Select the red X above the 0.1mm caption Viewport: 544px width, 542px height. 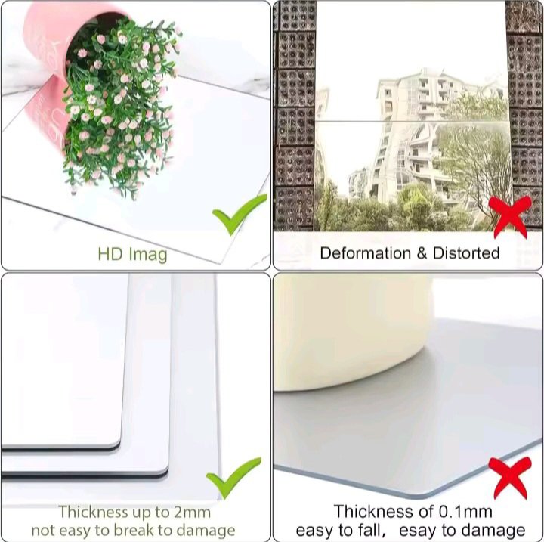pyautogui.click(x=510, y=478)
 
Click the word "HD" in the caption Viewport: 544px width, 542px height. pyautogui.click(x=110, y=254)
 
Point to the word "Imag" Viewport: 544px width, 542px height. pyautogui.click(x=148, y=256)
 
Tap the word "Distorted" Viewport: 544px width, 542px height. pyautogui.click(x=466, y=253)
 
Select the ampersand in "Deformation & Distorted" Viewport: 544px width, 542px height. pyautogui.click(x=422, y=253)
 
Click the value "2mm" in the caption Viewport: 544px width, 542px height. pyautogui.click(x=192, y=513)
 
